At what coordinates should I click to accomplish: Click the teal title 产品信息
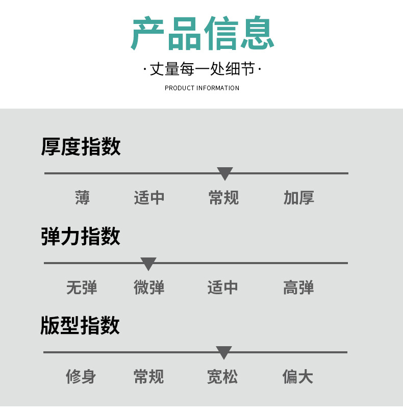click(203, 34)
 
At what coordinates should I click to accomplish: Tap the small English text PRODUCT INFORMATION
click(202, 88)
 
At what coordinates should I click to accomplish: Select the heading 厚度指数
click(81, 146)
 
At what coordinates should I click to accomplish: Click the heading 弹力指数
click(81, 236)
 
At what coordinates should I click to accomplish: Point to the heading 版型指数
click(80, 325)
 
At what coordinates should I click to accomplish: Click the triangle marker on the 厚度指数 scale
click(224, 173)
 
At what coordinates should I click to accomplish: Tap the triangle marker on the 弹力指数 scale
click(148, 264)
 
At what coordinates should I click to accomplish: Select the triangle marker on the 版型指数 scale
click(223, 352)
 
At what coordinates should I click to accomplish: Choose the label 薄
click(82, 198)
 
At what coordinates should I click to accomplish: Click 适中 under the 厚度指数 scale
click(149, 198)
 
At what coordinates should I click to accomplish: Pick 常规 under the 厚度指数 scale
click(223, 198)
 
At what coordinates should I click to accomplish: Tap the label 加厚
click(299, 198)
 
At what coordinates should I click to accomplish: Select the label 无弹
click(82, 288)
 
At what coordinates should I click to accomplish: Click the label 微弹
click(149, 288)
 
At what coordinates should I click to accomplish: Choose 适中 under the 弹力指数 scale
click(223, 288)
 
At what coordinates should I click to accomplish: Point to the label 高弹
click(298, 288)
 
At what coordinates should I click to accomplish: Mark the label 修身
click(81, 377)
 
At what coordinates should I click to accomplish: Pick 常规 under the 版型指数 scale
click(148, 377)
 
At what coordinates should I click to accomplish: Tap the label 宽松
click(222, 377)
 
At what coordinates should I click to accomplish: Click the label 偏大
click(298, 377)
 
